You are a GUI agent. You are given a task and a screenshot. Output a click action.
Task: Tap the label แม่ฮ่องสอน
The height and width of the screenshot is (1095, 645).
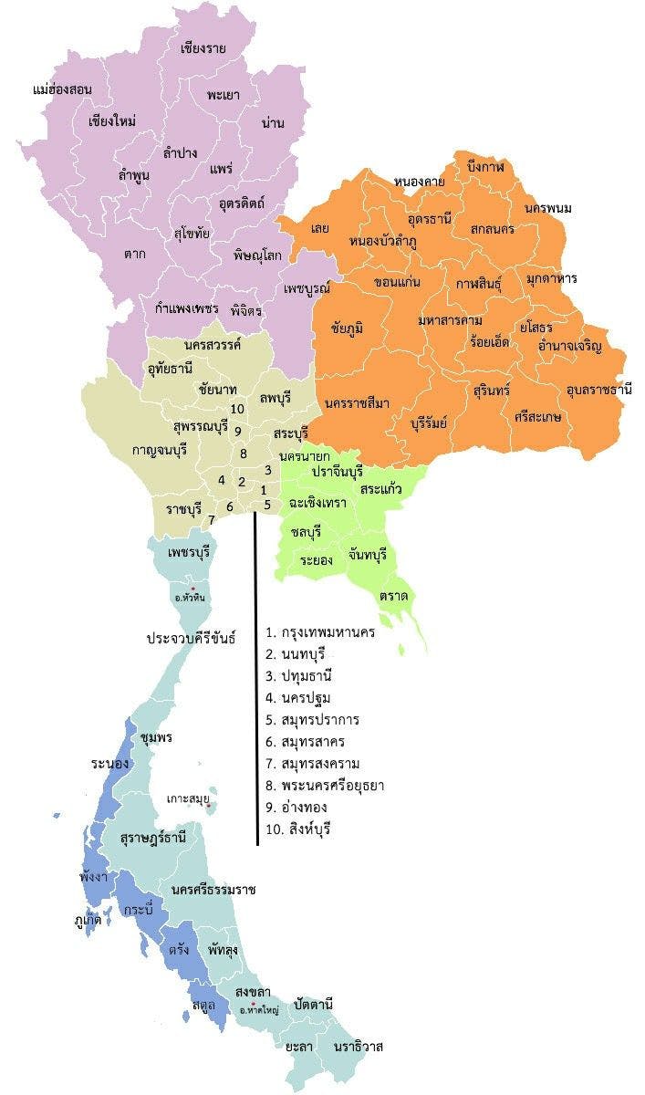click(62, 90)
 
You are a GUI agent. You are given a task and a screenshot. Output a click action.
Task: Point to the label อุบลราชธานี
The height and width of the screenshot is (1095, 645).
click(598, 390)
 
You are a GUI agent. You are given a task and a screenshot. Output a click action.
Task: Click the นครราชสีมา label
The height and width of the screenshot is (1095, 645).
click(357, 403)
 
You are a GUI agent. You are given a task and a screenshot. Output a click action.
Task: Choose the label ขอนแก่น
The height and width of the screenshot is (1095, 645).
click(397, 282)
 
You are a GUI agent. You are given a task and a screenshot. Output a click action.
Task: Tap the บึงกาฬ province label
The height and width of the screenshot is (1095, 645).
click(484, 167)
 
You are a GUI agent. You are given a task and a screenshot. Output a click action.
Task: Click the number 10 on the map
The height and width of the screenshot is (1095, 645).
click(237, 409)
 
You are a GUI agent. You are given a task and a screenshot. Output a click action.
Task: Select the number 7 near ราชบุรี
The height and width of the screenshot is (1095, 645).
click(212, 520)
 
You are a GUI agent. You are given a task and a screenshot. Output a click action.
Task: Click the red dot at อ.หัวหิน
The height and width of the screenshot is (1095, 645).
click(193, 587)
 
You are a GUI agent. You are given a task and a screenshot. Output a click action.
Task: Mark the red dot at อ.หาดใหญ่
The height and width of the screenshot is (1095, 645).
click(253, 1004)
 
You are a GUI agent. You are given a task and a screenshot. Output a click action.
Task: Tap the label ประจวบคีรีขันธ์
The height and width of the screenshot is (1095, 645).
click(192, 639)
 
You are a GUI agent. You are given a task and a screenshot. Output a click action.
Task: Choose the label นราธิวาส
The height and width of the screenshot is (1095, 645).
click(358, 1047)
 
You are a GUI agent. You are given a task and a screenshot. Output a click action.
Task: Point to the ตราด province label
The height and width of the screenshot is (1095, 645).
click(395, 596)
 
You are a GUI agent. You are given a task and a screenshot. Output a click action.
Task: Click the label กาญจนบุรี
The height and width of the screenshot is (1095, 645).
click(165, 449)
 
